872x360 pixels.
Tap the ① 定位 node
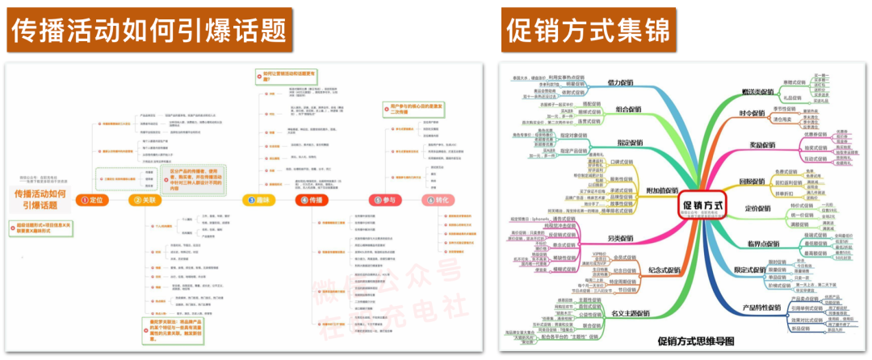tap(93, 200)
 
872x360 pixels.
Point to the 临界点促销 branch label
tap(761, 243)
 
